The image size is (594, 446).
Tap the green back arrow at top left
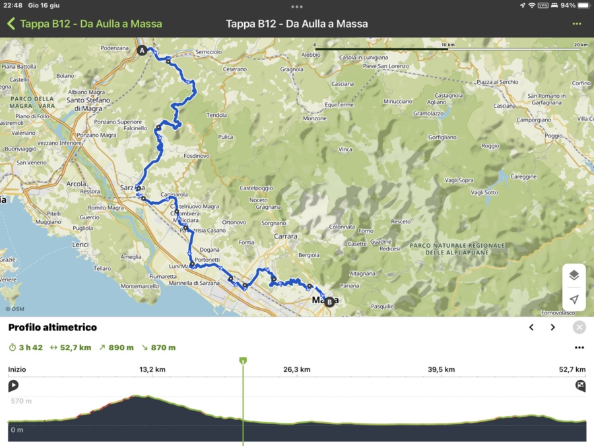[11, 24]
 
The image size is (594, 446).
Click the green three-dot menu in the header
[577, 24]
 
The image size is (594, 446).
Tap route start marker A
[141, 50]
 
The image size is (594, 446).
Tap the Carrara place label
[286, 236]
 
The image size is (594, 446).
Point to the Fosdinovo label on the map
[196, 156]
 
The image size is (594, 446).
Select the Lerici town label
[79, 244]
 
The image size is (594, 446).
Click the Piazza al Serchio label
[497, 81]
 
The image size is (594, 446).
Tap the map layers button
[574, 276]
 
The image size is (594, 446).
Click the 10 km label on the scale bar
[448, 45]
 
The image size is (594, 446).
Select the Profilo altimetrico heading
[52, 327]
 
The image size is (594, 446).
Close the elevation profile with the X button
[579, 327]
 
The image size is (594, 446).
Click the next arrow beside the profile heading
[553, 327]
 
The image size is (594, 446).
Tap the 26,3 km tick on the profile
[296, 369]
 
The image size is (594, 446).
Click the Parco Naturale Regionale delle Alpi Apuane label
[457, 248]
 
